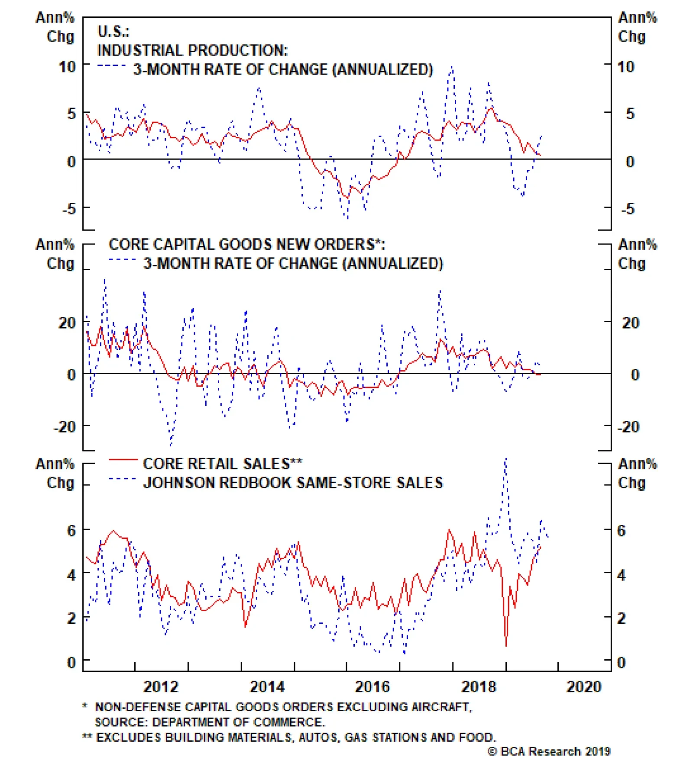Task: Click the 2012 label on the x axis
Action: (x=161, y=687)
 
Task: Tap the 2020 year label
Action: (x=584, y=687)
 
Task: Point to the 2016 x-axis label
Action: (x=372, y=687)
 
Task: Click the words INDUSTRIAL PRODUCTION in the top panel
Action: (x=192, y=50)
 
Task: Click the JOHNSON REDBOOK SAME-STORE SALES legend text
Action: (x=293, y=483)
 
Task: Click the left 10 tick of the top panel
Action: (x=67, y=67)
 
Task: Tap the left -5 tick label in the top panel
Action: (x=69, y=209)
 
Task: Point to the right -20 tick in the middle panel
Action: (x=628, y=427)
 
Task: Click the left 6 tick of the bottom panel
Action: (x=71, y=530)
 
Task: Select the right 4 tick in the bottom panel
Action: (x=621, y=575)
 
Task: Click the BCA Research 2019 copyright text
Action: (x=549, y=751)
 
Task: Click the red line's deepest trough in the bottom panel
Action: (x=506, y=645)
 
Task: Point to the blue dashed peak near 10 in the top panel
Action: (x=452, y=67)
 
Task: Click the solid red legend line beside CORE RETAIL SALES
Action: (x=123, y=459)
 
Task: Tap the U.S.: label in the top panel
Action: (x=113, y=31)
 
